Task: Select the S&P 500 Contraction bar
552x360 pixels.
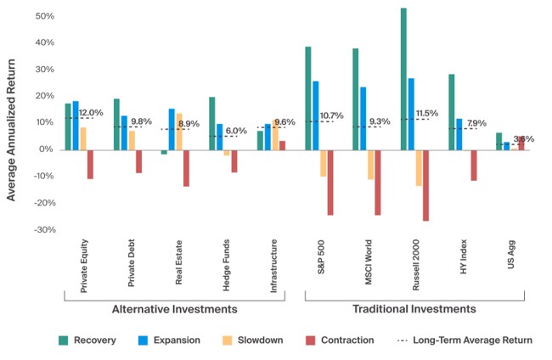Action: tap(330, 183)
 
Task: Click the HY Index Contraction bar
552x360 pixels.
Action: tap(474, 166)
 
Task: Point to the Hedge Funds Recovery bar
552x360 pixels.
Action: tap(212, 124)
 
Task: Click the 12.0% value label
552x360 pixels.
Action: tap(91, 113)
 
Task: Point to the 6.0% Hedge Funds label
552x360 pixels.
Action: tap(235, 131)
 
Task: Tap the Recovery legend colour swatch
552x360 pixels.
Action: tap(64, 340)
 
